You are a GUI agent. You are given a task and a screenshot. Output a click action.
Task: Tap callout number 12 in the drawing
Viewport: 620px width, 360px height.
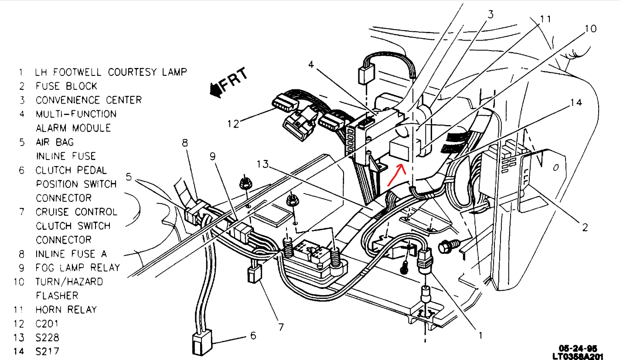(x=233, y=124)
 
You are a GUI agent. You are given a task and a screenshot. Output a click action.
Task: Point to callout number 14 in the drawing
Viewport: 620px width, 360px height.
(x=576, y=103)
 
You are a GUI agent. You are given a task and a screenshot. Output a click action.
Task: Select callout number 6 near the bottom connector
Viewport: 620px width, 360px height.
(x=253, y=336)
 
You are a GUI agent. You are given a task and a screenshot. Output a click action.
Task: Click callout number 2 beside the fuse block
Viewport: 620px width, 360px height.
(x=585, y=227)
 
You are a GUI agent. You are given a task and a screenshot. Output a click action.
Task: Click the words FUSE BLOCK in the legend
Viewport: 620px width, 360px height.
(x=66, y=86)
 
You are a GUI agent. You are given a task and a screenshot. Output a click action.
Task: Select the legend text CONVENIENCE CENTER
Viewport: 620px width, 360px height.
(x=89, y=100)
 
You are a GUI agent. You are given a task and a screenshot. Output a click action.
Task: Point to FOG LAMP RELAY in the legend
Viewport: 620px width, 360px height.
(x=78, y=268)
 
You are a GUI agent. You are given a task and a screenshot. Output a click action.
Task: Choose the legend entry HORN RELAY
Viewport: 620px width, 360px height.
(x=66, y=309)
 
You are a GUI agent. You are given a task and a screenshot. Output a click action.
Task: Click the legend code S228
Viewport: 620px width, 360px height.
(x=48, y=337)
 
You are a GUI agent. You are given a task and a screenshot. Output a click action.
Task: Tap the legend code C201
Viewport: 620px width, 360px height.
(x=47, y=323)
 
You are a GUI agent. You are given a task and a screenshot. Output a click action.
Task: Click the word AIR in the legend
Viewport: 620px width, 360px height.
(x=44, y=142)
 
